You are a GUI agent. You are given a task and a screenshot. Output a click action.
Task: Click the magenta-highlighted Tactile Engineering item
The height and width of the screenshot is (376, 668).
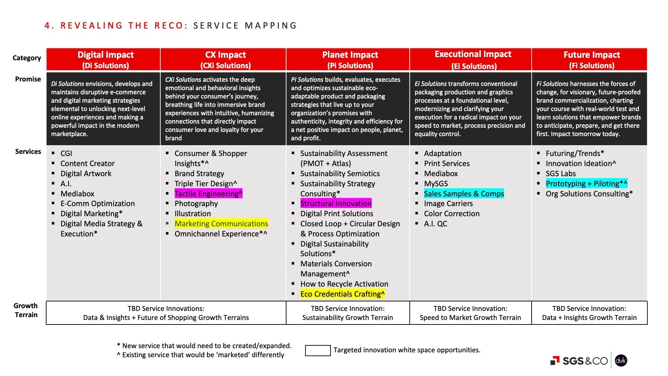tap(208, 194)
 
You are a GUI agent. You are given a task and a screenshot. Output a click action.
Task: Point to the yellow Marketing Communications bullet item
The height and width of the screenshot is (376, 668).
tap(221, 224)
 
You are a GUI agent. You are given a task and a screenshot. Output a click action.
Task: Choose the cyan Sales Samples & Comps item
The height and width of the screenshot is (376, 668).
tap(464, 194)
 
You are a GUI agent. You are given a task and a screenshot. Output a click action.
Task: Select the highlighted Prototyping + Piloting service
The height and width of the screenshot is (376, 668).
tap(586, 183)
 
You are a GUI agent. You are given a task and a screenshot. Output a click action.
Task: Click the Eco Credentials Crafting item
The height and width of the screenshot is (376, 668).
tap(342, 294)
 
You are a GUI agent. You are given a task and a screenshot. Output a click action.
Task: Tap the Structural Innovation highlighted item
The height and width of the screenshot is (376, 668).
tap(336, 203)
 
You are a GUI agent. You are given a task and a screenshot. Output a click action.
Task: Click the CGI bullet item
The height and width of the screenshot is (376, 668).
tap(66, 153)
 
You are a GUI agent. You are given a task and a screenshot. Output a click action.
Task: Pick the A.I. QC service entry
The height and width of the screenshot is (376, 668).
tap(435, 224)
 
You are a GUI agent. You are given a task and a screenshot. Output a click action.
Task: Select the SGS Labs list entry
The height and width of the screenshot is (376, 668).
tap(560, 173)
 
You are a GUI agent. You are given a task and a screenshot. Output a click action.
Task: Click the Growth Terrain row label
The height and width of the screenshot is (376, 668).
tap(26, 310)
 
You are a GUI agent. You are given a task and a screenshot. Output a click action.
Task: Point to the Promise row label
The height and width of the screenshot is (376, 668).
tap(28, 79)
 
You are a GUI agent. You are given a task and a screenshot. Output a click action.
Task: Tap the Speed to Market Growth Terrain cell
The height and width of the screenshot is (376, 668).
tap(470, 313)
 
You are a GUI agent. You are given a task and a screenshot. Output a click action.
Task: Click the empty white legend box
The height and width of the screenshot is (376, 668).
tap(318, 350)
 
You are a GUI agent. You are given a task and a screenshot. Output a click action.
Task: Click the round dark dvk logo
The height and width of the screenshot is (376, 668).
tap(621, 361)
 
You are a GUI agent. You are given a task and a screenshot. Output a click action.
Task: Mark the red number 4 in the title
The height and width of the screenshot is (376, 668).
tap(48, 25)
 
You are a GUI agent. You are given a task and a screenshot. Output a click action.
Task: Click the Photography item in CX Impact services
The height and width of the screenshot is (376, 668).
tap(196, 203)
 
